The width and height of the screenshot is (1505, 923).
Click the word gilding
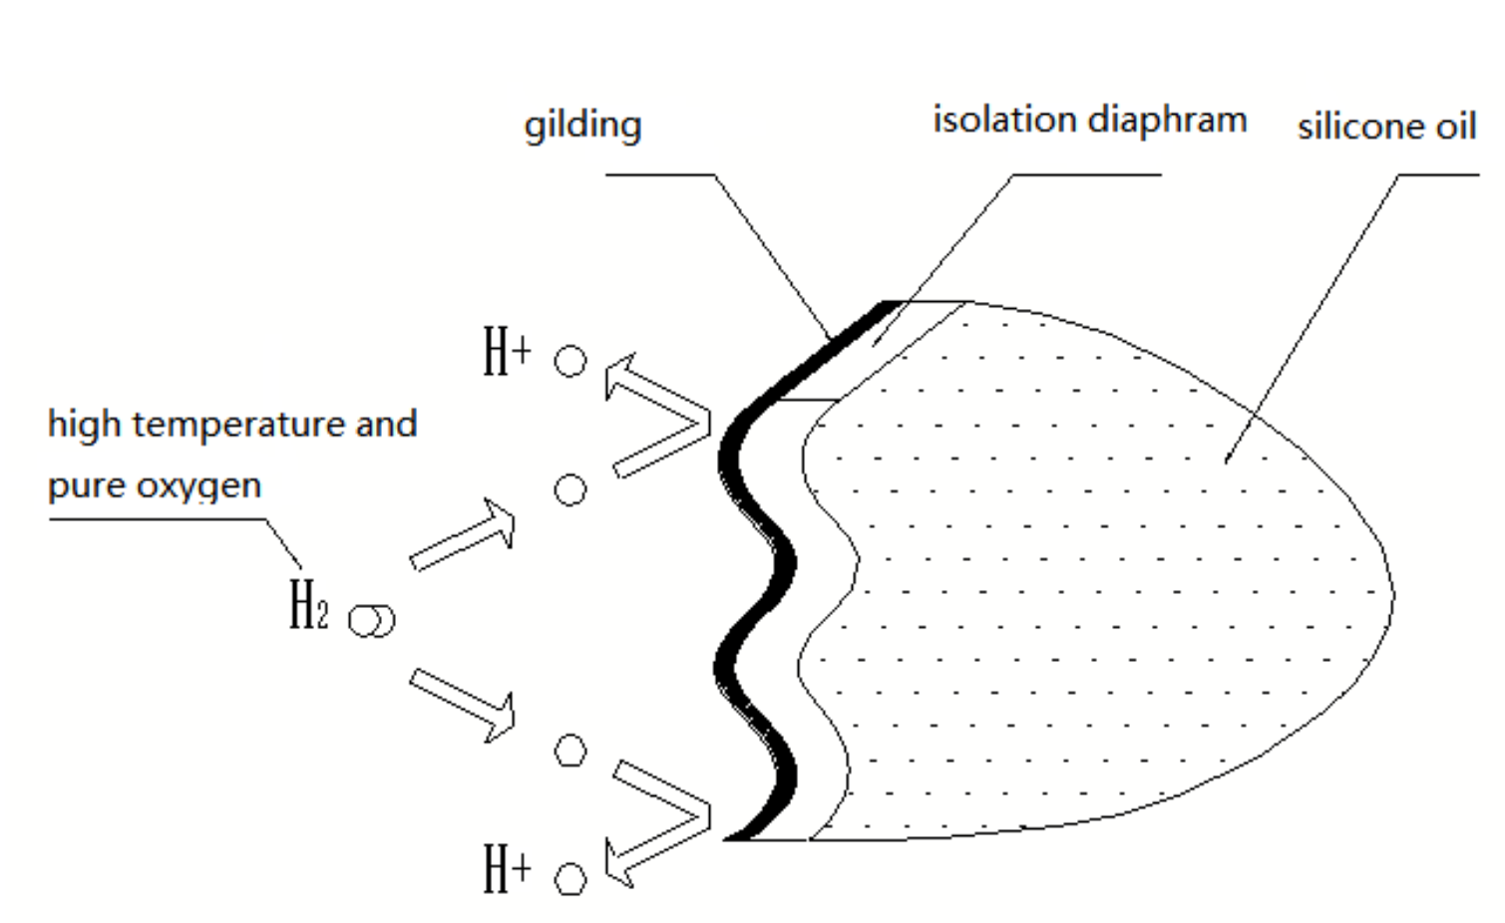tap(582, 126)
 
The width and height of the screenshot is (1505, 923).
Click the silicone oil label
tap(1385, 127)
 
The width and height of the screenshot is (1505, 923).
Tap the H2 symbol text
tap(307, 605)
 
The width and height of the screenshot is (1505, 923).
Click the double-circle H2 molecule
tap(371, 620)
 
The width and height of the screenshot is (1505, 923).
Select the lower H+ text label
tap(507, 868)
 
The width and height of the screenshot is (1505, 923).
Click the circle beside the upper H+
tap(570, 361)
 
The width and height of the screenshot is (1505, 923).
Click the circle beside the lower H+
tap(570, 879)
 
